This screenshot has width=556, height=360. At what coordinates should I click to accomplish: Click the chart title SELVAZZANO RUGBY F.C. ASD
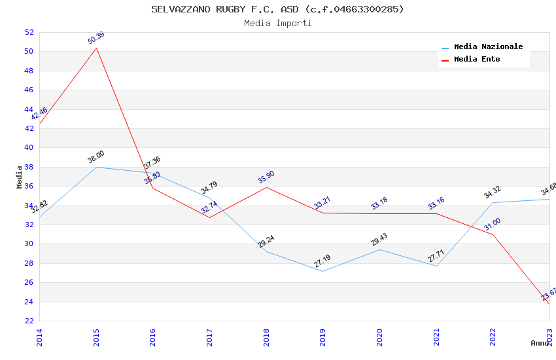(x=277, y=9)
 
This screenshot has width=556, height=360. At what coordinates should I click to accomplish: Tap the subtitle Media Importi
(x=277, y=24)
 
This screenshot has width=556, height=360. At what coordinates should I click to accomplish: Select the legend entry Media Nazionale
(x=488, y=47)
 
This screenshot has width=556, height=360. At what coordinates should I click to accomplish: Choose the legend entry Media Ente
(x=477, y=60)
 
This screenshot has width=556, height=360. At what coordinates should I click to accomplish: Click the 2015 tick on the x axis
(x=96, y=336)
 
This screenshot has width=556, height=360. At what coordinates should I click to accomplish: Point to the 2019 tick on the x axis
(x=322, y=336)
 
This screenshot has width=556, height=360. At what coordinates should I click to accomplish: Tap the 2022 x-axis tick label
(x=493, y=336)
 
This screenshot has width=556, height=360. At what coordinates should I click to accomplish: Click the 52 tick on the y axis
(x=28, y=32)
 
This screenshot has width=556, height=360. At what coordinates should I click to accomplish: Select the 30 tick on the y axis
(x=28, y=244)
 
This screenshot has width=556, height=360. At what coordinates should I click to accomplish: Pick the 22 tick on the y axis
(x=28, y=321)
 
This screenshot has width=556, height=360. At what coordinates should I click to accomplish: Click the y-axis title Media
(x=19, y=177)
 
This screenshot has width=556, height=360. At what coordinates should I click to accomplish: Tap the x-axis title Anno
(x=540, y=343)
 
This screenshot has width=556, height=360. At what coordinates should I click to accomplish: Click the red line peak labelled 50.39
(x=97, y=48)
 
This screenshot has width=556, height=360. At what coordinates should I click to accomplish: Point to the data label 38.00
(x=96, y=158)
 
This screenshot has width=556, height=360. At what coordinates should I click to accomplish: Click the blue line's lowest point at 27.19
(x=322, y=271)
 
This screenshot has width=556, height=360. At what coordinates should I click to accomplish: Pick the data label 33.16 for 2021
(x=436, y=204)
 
